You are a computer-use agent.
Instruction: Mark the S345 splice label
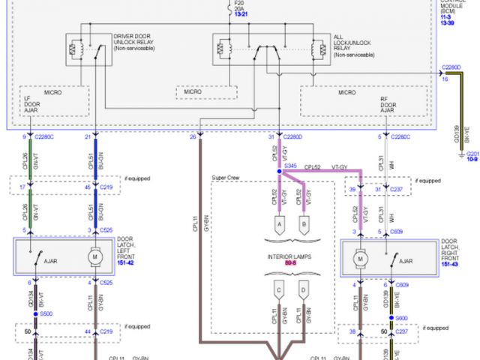290,164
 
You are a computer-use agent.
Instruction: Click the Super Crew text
226,178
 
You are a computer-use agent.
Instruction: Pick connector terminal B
304,223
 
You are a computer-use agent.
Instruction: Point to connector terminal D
304,289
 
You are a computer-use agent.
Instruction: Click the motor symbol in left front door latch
95,258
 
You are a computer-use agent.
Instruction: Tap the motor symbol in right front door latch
360,258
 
